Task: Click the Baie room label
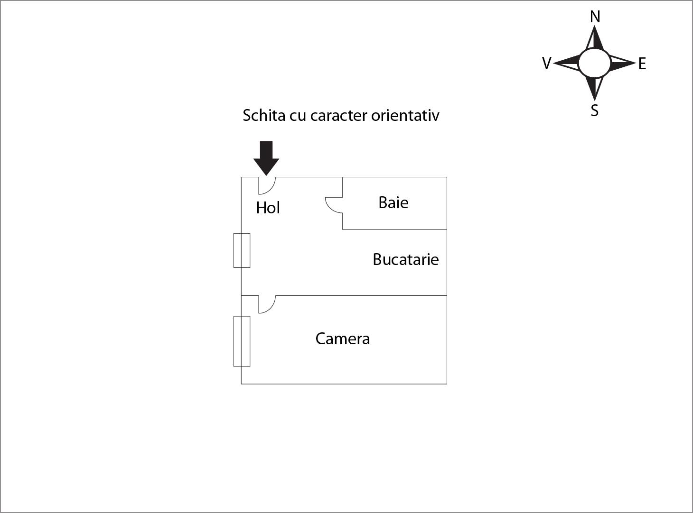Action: point(393,202)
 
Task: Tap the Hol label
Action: point(268,208)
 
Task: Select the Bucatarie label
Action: point(405,259)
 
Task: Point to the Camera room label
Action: point(342,339)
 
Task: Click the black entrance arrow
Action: point(266,158)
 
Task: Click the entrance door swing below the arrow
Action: point(267,186)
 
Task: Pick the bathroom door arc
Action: point(334,205)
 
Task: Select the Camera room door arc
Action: point(267,304)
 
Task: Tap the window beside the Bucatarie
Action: point(242,250)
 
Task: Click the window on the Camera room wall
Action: point(242,341)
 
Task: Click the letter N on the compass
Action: point(595,17)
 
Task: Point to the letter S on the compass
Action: point(595,110)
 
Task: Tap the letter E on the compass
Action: point(642,64)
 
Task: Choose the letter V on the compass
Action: point(547,63)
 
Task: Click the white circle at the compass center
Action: point(594,63)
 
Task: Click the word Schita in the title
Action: point(264,116)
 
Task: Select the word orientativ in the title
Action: point(405,116)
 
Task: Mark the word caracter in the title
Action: point(339,116)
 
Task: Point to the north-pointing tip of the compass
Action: point(594,26)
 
